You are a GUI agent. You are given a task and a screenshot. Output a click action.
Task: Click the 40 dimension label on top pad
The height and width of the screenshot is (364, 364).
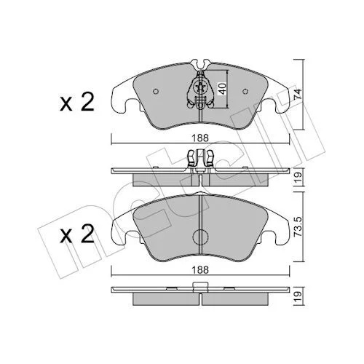(223, 89)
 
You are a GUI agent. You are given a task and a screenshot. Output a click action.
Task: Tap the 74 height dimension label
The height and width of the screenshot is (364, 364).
(298, 94)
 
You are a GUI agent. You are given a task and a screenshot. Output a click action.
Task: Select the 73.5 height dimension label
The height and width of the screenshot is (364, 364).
(298, 227)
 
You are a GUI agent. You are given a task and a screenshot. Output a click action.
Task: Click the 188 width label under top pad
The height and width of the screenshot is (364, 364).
(200, 138)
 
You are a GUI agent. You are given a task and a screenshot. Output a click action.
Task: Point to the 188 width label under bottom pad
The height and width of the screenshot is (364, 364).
(200, 270)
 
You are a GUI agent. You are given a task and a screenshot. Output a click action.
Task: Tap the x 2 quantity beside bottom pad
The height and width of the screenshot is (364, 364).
(77, 234)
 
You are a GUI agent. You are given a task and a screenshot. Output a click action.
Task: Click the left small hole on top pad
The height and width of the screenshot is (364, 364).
(156, 92)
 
